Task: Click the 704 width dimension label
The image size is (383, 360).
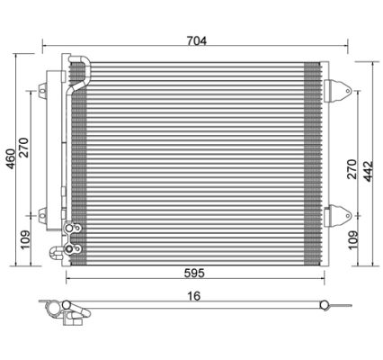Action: click(x=197, y=40)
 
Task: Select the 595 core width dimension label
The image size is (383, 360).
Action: click(x=194, y=273)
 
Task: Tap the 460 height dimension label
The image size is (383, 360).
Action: click(x=11, y=158)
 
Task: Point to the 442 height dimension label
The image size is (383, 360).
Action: click(x=368, y=171)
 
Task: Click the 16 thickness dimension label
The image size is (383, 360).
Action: click(x=194, y=296)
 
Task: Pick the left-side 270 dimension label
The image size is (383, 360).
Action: click(x=24, y=148)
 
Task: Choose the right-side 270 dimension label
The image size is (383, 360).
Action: click(x=352, y=169)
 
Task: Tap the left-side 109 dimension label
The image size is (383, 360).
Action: click(x=25, y=239)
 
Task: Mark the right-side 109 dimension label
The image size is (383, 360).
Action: click(x=353, y=239)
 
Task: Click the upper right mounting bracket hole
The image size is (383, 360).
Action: click(x=348, y=91)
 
